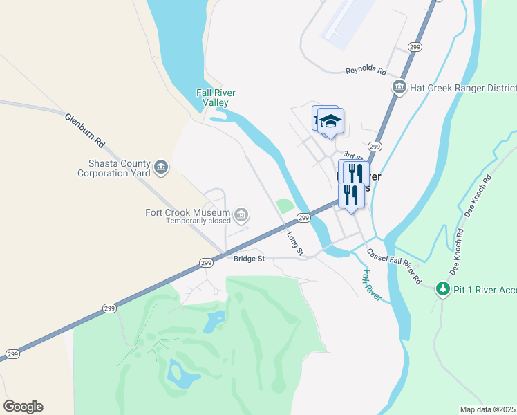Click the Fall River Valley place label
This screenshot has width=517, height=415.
click(x=216, y=98)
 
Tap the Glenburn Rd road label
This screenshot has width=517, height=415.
click(x=84, y=131)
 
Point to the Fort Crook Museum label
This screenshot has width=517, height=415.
click(x=187, y=212)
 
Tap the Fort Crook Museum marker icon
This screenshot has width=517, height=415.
click(x=241, y=215)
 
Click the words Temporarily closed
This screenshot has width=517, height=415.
click(x=197, y=221)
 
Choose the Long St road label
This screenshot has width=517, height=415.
click(x=295, y=243)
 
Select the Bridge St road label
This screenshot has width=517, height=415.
click(x=249, y=259)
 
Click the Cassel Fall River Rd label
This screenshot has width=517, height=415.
click(x=393, y=267)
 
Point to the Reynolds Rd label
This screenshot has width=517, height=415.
click(x=365, y=70)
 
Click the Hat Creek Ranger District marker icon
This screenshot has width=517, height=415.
click(x=399, y=87)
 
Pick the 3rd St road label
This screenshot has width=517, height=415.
click(x=352, y=155)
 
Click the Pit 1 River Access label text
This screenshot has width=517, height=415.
click(x=485, y=288)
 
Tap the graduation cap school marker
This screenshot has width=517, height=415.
click(x=331, y=120)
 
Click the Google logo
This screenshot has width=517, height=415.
click(x=23, y=407)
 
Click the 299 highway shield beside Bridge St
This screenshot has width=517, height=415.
click(x=206, y=263)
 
